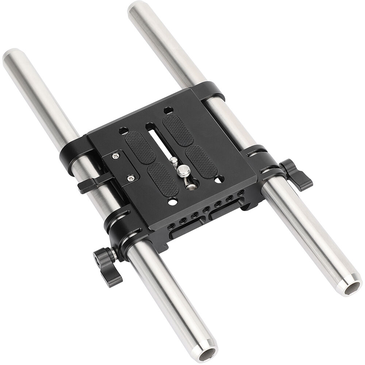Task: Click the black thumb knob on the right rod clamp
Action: tap(299, 174)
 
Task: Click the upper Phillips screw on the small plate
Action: tap(116, 156)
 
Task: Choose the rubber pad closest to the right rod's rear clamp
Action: tap(178, 130)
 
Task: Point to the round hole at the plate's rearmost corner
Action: tap(168, 109)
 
